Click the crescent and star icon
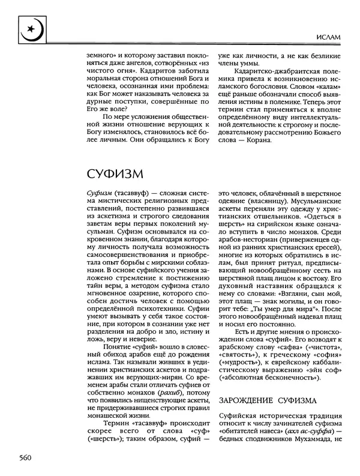[29, 28]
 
